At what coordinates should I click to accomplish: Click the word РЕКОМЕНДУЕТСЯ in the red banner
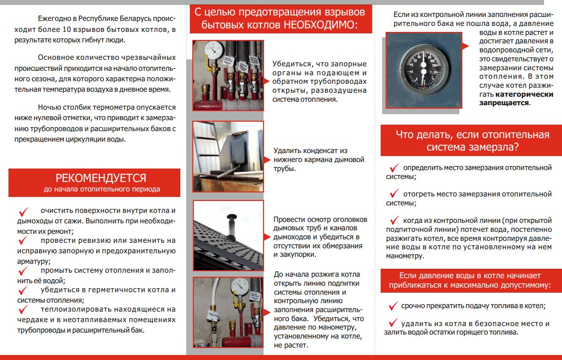(x=101, y=178)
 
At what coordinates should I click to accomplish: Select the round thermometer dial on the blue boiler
(x=422, y=70)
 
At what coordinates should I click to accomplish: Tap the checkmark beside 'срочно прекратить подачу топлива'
(x=393, y=305)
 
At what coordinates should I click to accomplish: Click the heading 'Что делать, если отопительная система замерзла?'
(x=472, y=141)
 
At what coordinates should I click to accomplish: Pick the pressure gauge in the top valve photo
(x=214, y=50)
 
